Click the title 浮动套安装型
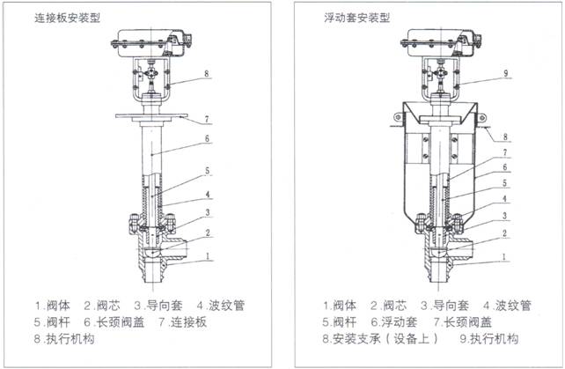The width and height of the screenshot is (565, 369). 357,18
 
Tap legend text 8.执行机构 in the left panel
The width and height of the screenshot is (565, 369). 63,338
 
